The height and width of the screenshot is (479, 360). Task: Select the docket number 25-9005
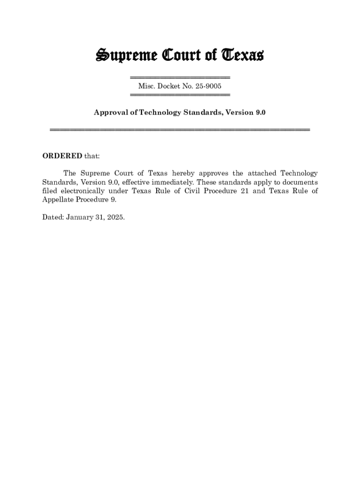click(206, 86)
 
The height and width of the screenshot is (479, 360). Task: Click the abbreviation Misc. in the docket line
click(147, 86)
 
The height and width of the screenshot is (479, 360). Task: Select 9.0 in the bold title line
click(260, 113)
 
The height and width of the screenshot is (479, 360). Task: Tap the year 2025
click(115, 218)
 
